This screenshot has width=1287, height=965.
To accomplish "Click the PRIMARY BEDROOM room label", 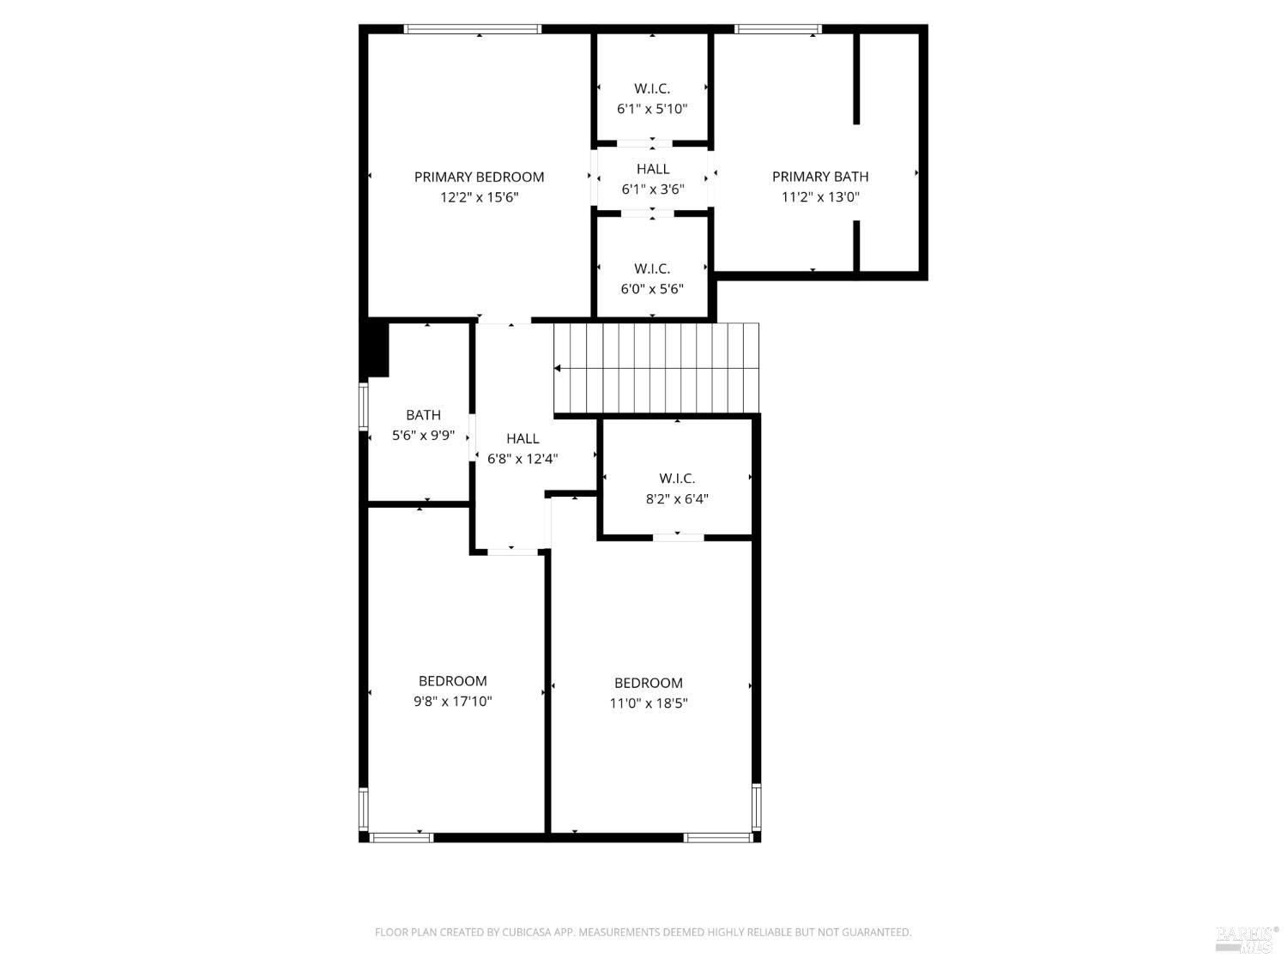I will [x=479, y=177].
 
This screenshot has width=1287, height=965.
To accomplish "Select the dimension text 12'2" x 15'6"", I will [x=479, y=197].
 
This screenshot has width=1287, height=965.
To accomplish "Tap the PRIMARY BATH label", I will [x=819, y=177].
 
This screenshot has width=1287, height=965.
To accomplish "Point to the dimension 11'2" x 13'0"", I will [x=819, y=197].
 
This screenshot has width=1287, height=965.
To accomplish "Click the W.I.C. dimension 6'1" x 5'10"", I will [x=652, y=109].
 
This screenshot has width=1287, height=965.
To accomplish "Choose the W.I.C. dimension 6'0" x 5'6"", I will [x=652, y=289].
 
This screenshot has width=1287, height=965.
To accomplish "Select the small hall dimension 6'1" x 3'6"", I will [x=652, y=190].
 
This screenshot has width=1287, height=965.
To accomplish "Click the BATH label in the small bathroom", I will [x=423, y=415].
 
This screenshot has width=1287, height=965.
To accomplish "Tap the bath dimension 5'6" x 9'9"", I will [x=423, y=436].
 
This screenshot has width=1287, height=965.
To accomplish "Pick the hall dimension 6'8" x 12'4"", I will [x=523, y=459].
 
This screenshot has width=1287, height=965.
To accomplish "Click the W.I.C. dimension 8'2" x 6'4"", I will [x=677, y=498].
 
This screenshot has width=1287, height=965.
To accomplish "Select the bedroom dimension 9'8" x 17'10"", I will [x=452, y=702].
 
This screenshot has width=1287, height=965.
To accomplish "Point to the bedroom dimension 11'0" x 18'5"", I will [x=648, y=703].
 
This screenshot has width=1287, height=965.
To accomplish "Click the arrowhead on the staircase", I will [x=558, y=368].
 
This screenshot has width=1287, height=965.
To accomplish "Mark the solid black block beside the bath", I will [x=377, y=347].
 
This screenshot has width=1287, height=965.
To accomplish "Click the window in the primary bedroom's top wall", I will [x=473, y=29].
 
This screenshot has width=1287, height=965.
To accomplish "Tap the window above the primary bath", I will [x=778, y=29].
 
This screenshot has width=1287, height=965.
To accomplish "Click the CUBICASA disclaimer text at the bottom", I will [x=643, y=932].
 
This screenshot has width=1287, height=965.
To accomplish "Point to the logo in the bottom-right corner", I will [x=1247, y=938].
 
